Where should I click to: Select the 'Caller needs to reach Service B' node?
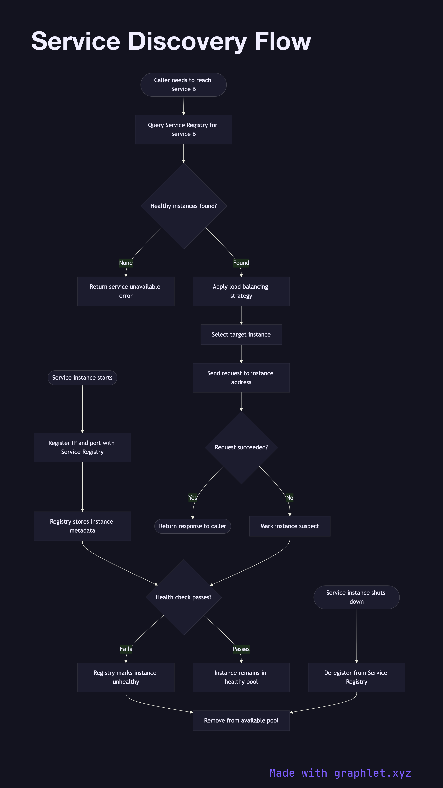coord(183,85)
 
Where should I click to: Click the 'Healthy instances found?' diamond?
coord(183,206)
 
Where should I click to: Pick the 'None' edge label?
coord(126,263)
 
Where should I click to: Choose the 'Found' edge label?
coord(241,263)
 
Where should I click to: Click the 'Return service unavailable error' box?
coord(126,291)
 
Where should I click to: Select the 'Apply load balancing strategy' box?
coord(241,291)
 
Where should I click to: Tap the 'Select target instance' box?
coord(241,334)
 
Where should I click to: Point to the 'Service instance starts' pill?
coord(82,378)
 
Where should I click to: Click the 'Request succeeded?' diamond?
coord(241,447)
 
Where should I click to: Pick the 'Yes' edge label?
coord(193,498)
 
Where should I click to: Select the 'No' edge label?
coord(290,498)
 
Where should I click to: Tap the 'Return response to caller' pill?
coord(193,526)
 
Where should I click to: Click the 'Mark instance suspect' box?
coord(290,526)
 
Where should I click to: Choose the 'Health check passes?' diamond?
coord(183,597)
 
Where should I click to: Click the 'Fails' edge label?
coord(126,649)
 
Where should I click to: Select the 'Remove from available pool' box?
coord(241,720)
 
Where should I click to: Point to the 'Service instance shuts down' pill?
coord(356,597)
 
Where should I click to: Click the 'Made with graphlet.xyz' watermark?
coord(340,773)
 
